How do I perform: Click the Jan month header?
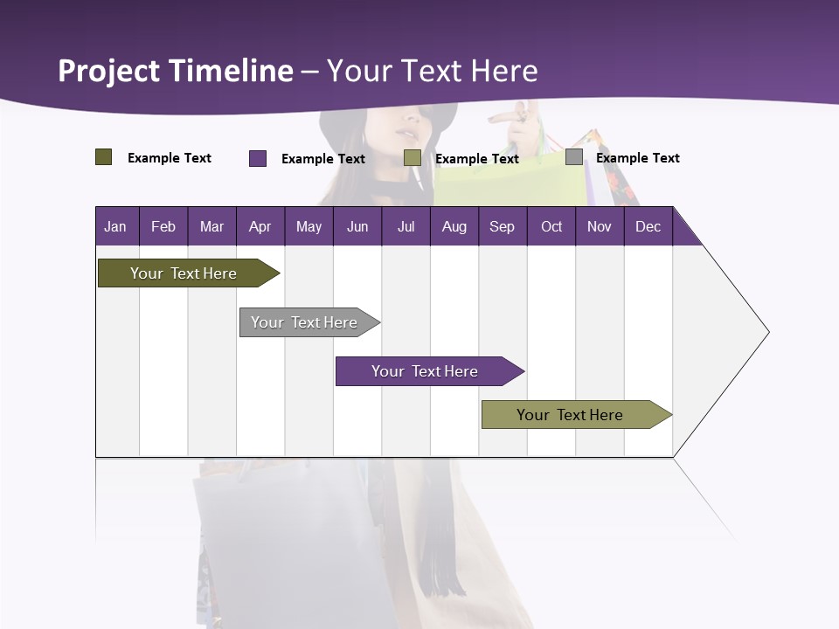(x=116, y=226)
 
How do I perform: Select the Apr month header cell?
(x=260, y=226)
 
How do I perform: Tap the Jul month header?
(x=406, y=226)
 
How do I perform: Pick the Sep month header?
(x=502, y=226)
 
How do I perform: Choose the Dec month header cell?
(x=648, y=226)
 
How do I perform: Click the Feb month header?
(x=163, y=226)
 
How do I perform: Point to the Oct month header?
(x=551, y=226)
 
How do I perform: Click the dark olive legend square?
(x=104, y=157)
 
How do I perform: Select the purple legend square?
(x=258, y=158)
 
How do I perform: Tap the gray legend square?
(x=574, y=157)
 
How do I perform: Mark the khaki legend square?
(x=413, y=158)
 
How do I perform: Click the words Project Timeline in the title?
(x=176, y=71)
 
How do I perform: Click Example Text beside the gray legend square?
(x=637, y=158)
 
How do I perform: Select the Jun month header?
(x=357, y=226)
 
